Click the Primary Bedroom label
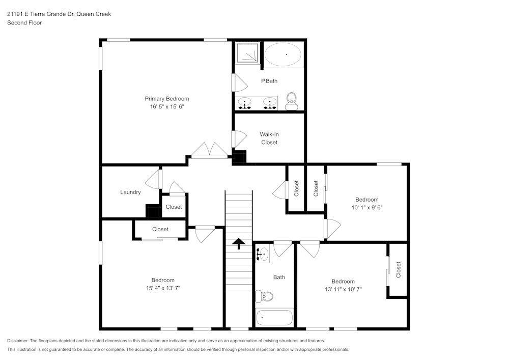(x=167, y=99)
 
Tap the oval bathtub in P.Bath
(x=283, y=54)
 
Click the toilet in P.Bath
(x=291, y=100)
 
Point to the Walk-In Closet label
(x=269, y=139)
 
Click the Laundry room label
(x=130, y=192)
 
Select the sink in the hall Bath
(x=262, y=253)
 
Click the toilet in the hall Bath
(x=265, y=296)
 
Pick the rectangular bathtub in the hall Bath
(x=274, y=318)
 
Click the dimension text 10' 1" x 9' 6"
(x=366, y=207)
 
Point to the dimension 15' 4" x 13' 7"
(x=163, y=288)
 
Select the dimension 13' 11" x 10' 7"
(x=343, y=289)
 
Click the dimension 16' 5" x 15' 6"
(x=167, y=106)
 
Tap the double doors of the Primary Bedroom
(x=209, y=151)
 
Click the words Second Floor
(x=24, y=23)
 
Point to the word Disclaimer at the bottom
(x=18, y=340)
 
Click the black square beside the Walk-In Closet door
(x=239, y=157)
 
